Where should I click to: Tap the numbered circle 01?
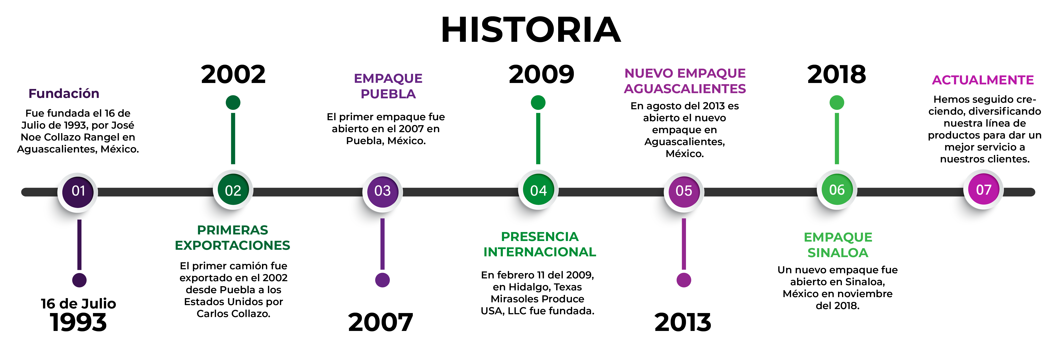tap(78, 191)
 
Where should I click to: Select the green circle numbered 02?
tap(233, 190)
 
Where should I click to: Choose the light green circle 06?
tap(836, 190)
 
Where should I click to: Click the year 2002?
tap(233, 75)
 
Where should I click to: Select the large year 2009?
tap(541, 75)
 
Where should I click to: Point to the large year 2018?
tap(836, 75)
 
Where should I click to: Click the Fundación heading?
tap(64, 94)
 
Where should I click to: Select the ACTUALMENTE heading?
tap(983, 80)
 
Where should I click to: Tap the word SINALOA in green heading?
tap(838, 253)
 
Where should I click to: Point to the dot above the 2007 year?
tap(382, 280)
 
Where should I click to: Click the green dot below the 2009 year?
tap(538, 102)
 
